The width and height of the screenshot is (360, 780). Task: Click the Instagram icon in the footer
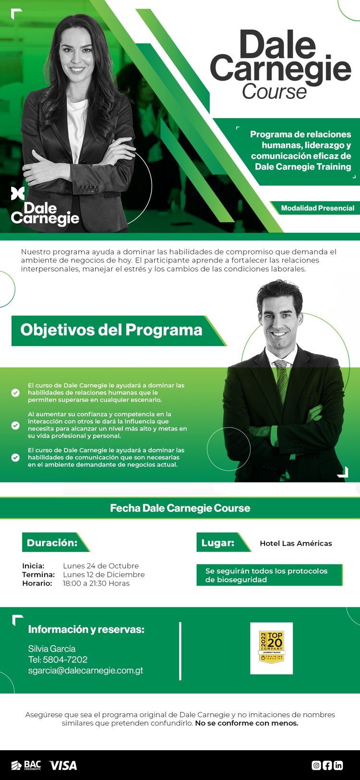[x=316, y=765]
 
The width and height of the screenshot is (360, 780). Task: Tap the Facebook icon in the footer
[x=327, y=765]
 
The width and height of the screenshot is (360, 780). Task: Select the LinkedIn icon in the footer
[x=338, y=765]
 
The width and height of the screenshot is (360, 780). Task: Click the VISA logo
[x=63, y=766]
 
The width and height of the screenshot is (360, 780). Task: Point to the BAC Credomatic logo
[x=26, y=765]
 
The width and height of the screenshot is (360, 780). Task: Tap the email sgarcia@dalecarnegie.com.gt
[x=85, y=670]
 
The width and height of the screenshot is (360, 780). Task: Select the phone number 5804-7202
[x=65, y=660]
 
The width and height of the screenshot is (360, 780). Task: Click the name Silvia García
[x=52, y=649]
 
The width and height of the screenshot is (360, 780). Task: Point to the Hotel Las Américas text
[x=296, y=543]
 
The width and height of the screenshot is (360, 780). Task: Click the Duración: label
[x=52, y=542]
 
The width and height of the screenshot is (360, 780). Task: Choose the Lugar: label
[x=218, y=542]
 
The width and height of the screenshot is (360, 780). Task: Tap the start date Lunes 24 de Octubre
[x=101, y=566]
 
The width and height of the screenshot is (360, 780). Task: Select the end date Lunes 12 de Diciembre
[x=104, y=575]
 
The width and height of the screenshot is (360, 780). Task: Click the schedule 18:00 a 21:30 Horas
[x=96, y=583]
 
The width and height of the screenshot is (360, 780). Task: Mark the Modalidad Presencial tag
[x=318, y=208]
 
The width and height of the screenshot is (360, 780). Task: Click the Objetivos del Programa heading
[x=111, y=330]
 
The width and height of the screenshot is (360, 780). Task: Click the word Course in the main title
[x=275, y=92]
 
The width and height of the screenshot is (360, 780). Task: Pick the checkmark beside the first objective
[x=15, y=393]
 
